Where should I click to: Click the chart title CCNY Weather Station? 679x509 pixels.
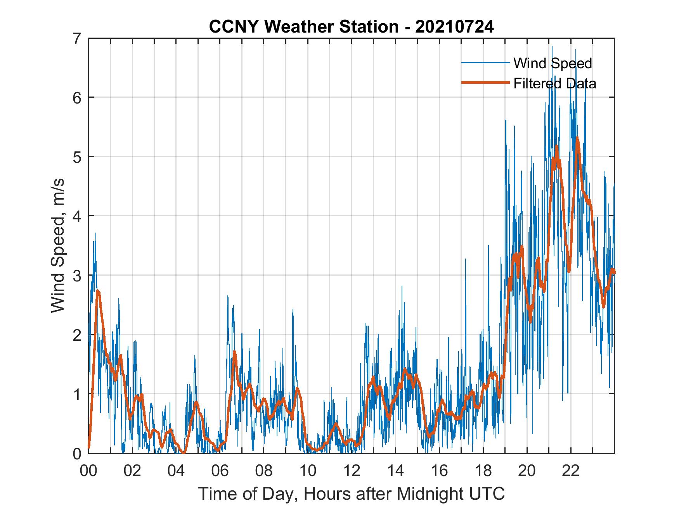[x=303, y=26]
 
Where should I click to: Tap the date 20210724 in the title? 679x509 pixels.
[x=454, y=26]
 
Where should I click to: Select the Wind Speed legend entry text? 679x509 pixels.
[x=553, y=63]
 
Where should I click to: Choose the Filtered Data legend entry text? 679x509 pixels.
[x=554, y=83]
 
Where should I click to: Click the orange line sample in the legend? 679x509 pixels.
[x=485, y=83]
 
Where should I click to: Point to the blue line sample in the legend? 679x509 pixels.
[x=485, y=63]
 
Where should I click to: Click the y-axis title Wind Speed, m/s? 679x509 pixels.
[x=57, y=246]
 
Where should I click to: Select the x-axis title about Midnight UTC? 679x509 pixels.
[x=351, y=493]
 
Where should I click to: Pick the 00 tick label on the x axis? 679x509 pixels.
[x=88, y=471]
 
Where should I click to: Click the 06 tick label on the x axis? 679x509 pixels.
[x=220, y=471]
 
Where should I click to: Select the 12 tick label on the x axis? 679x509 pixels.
[x=352, y=471]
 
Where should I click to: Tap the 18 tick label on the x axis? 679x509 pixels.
[x=483, y=471]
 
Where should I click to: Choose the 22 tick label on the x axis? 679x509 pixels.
[x=571, y=471]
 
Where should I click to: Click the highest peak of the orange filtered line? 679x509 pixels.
[x=577, y=138]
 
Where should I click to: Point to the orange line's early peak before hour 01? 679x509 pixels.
[x=98, y=291]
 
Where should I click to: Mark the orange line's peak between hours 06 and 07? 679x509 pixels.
[x=234, y=352]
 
